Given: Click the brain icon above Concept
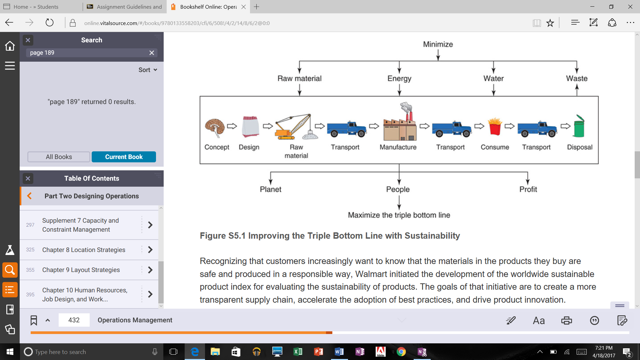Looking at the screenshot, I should pos(215,127).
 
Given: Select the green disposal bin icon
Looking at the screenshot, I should pos(579,127).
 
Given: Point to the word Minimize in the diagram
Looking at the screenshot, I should pos(438,44).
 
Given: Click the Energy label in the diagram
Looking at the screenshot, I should pos(399,79).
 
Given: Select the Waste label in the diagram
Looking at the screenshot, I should pos(576,79).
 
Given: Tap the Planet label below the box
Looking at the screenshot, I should pos(270,189).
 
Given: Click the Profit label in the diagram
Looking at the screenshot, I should pos(528,189).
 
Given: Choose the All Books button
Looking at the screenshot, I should pos(59,157).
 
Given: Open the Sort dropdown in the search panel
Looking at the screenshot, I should pos(148,70).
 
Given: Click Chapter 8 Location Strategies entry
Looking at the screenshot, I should pos(84,250).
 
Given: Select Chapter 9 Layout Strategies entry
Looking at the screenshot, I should pos(81,270).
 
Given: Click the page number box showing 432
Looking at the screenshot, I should pos(74,320).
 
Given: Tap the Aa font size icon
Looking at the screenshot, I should pos(539,321).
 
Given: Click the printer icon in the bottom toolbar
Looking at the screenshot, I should pos(566,321).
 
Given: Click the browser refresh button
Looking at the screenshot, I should pos(49,23).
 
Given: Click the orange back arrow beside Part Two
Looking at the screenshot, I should pos(29,196).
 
